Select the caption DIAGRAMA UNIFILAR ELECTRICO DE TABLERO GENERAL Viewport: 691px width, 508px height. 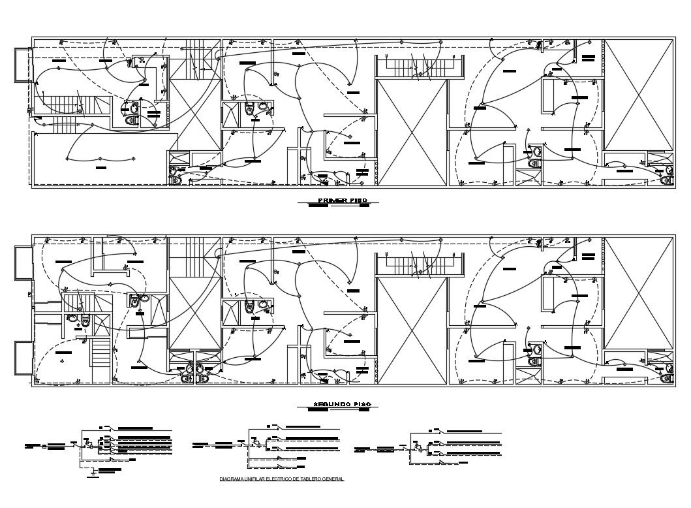[x=282, y=479]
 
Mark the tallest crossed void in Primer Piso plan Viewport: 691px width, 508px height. [x=412, y=133]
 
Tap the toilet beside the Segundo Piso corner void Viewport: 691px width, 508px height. [x=666, y=377]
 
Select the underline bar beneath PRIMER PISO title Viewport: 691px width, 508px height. [x=318, y=206]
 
